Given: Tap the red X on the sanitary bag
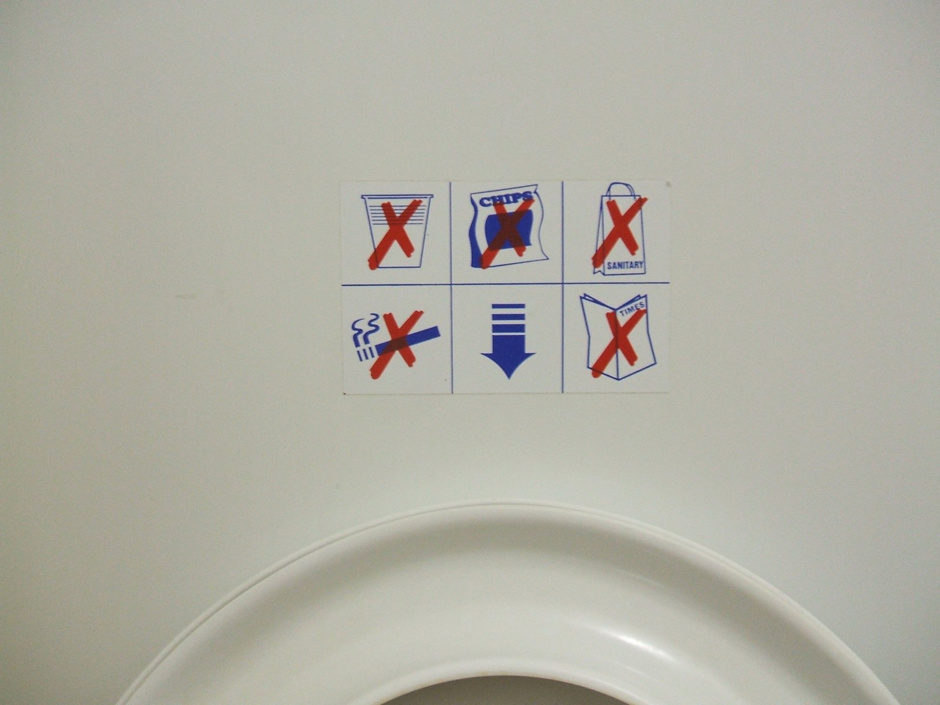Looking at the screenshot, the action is pyautogui.click(x=619, y=230).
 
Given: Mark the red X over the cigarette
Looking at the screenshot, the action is pyautogui.click(x=397, y=345).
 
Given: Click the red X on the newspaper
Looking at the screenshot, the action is pyautogui.click(x=619, y=343).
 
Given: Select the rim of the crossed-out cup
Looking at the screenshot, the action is pyautogui.click(x=397, y=197).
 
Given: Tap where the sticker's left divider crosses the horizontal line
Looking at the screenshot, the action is pyautogui.click(x=451, y=284).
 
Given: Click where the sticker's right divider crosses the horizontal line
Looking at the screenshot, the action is pyautogui.click(x=563, y=283).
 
